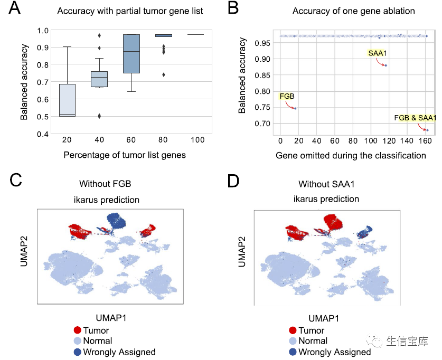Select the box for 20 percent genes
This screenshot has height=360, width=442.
67,100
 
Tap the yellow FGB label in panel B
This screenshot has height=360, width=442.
286,96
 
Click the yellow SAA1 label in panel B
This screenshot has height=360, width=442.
376,53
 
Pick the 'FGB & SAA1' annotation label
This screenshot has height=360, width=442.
415,118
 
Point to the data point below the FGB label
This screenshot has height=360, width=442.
295,108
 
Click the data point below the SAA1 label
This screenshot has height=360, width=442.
386,65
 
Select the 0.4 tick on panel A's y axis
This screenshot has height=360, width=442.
41,134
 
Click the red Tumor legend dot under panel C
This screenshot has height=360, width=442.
78,330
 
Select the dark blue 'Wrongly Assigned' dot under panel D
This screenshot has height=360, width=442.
293,352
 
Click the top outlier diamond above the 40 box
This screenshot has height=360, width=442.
99,35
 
